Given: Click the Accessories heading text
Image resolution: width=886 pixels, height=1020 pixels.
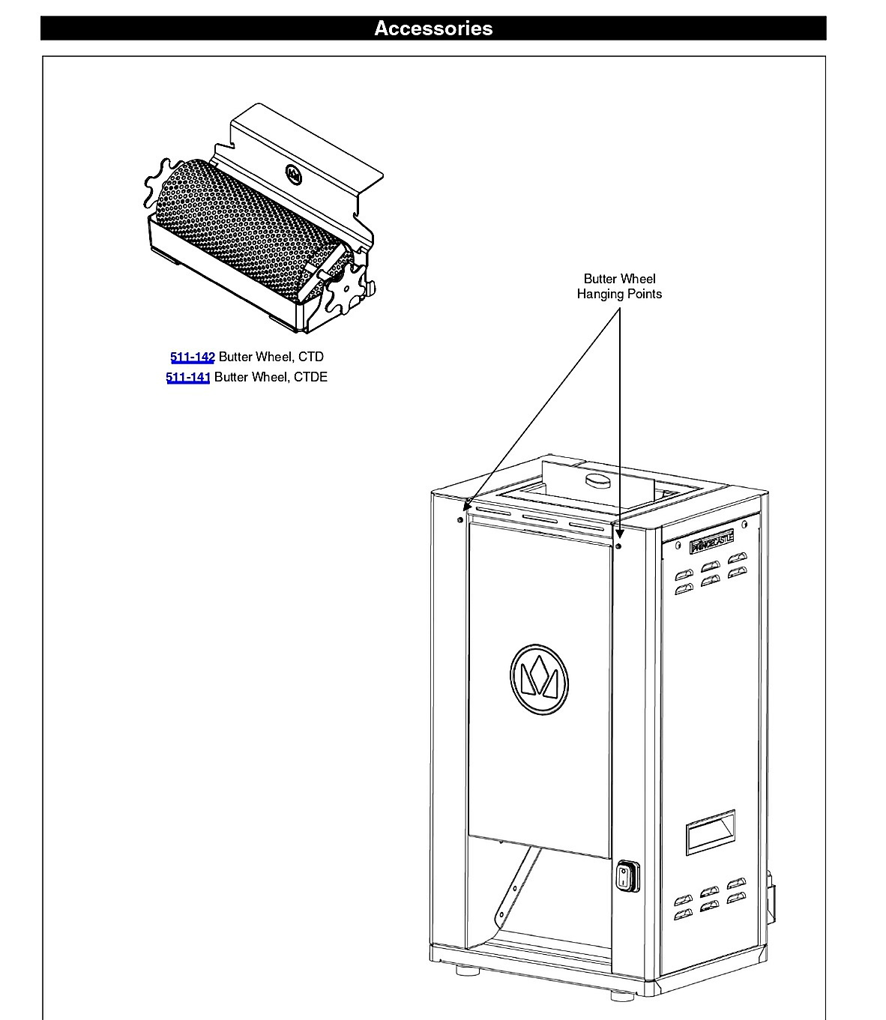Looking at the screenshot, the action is point(433,28).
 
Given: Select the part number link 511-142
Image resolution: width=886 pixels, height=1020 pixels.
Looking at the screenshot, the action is point(193,357).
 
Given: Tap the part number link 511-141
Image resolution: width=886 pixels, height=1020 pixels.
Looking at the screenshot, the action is point(188,377).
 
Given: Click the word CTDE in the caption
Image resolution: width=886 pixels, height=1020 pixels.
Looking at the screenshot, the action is point(310,377).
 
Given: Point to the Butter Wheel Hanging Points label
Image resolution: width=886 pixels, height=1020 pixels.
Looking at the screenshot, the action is point(619,286).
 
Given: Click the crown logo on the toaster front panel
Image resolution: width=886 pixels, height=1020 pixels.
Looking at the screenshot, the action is point(539,679).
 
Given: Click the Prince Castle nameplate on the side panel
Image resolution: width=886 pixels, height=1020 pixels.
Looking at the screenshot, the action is point(711,542).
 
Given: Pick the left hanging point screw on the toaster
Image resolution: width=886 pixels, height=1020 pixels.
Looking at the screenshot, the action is point(459,520).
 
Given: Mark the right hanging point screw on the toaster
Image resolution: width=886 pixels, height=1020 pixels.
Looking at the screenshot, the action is point(618,546).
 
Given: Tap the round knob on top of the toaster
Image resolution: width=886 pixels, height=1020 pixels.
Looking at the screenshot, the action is point(598,480).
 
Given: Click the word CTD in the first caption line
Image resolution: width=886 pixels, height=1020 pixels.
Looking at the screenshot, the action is point(311,357).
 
